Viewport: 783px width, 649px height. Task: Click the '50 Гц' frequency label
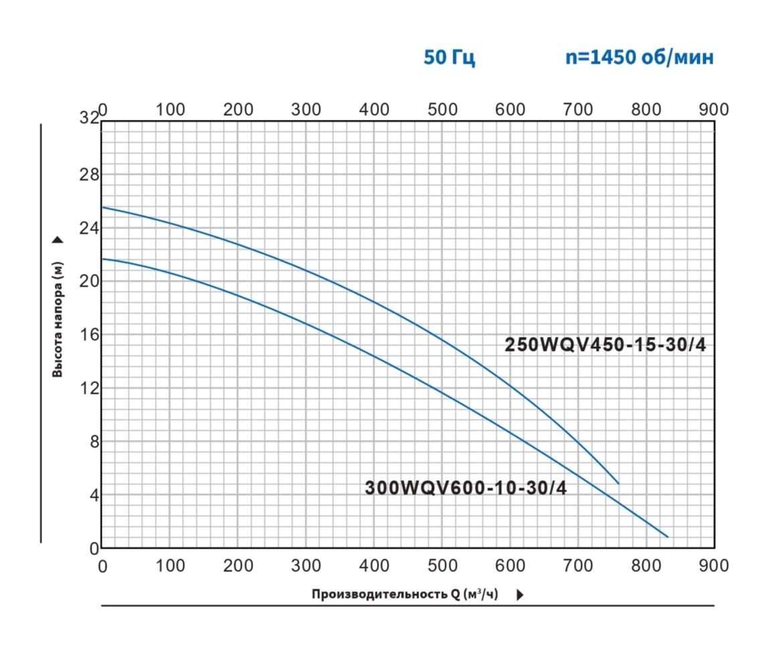click(449, 58)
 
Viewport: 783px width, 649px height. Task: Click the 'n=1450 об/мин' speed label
click(639, 58)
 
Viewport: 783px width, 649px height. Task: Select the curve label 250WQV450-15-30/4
click(605, 346)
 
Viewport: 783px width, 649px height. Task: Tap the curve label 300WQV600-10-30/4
click(466, 488)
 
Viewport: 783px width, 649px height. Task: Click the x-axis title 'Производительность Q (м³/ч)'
click(405, 594)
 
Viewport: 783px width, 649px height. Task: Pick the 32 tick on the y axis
click(89, 119)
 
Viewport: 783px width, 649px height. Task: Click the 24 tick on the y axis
click(89, 228)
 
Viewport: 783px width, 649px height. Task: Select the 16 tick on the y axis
click(89, 334)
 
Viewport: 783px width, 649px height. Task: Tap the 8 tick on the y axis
click(93, 441)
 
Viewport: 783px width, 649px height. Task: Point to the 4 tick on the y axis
click(93, 495)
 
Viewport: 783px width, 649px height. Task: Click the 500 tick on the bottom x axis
click(442, 566)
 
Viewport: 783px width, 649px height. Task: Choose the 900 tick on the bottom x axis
click(713, 566)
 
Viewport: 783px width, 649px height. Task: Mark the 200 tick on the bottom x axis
click(238, 566)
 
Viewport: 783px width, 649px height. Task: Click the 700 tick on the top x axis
click(577, 109)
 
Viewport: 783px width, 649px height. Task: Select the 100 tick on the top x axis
click(171, 109)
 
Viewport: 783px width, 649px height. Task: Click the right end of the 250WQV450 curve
click(618, 483)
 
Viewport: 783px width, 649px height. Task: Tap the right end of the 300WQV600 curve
click(667, 536)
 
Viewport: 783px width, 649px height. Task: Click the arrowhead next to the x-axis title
click(520, 595)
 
